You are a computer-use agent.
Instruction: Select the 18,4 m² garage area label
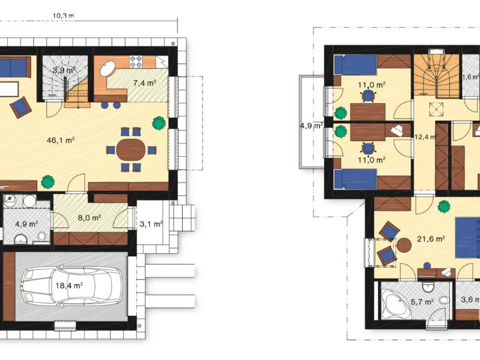(69, 286)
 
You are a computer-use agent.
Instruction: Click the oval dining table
(131, 150)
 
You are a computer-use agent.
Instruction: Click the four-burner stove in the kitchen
(137, 61)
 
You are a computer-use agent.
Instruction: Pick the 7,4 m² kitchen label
(144, 83)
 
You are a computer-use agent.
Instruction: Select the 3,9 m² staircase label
(64, 70)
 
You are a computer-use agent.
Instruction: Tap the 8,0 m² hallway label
(89, 218)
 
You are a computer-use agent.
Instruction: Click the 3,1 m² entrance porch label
(151, 224)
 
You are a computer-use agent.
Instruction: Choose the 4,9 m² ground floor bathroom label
(26, 224)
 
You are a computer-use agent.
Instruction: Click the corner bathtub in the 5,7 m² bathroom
(394, 304)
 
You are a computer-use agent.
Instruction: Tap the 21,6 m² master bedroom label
(431, 240)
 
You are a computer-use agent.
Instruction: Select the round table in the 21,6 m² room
(404, 245)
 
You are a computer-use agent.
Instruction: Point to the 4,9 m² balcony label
(311, 126)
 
